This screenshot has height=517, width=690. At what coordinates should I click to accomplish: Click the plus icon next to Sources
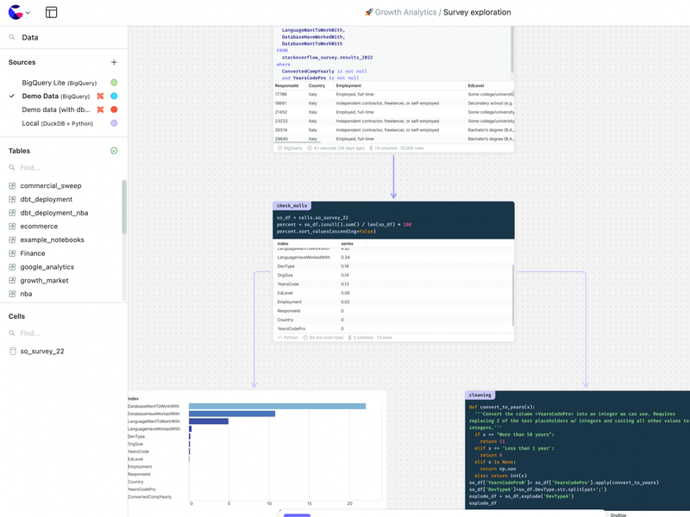tap(114, 62)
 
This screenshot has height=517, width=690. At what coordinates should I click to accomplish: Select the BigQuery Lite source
tap(59, 83)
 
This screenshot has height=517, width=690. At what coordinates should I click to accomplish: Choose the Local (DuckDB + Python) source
tap(57, 123)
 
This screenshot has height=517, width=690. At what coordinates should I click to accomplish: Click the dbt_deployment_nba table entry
tap(53, 213)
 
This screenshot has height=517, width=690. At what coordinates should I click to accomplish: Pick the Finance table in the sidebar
tap(33, 253)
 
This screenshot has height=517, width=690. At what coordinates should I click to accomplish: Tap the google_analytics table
tap(47, 267)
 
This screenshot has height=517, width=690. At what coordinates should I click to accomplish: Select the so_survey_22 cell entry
tap(41, 352)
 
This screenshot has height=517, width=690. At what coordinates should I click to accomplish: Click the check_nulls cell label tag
tap(292, 206)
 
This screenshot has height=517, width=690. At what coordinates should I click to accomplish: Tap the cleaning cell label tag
tap(480, 396)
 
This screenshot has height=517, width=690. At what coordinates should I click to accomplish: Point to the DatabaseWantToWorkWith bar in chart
tap(277, 407)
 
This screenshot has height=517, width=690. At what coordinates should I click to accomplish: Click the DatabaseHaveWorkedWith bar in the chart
tap(232, 414)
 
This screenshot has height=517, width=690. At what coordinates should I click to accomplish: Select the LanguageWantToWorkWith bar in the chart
tap(209, 421)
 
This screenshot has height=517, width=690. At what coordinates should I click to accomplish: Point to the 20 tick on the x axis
tap(350, 503)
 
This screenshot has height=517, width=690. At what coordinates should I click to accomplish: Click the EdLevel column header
tap(476, 86)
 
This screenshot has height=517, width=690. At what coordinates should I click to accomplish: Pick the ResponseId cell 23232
tap(281, 121)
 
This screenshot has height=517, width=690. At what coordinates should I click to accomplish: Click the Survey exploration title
tap(477, 13)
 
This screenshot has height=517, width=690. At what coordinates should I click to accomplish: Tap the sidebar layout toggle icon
tap(52, 13)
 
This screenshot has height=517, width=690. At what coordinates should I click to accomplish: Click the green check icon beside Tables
tap(114, 151)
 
